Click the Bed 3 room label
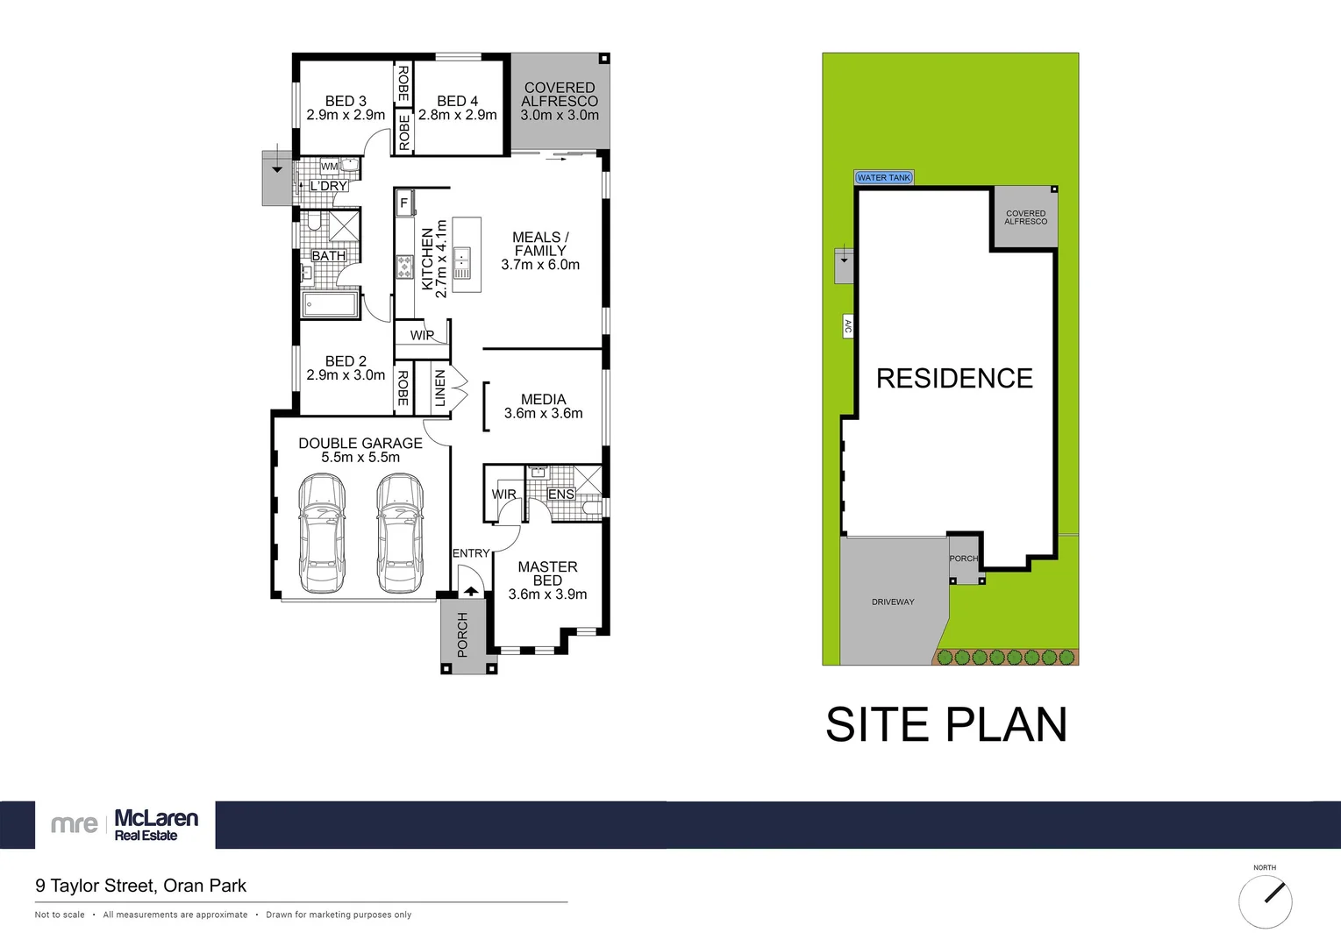[x=346, y=101]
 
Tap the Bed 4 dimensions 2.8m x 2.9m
[x=458, y=115]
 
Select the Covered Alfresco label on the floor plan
[x=560, y=95]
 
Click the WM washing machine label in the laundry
[x=329, y=167]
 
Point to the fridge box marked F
[x=404, y=203]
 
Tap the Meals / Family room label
[x=540, y=244]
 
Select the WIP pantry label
[x=422, y=335]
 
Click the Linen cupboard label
[x=440, y=388]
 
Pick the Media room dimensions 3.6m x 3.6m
[x=543, y=413]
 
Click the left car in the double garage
[x=322, y=532]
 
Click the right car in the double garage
[x=400, y=532]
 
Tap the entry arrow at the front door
[x=471, y=590]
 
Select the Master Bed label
[x=547, y=573]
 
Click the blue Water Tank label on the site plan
[x=884, y=178]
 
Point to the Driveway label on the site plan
[x=893, y=602]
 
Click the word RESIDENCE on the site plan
[x=954, y=378]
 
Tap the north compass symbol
[x=1265, y=901]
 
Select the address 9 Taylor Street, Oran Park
[x=141, y=886]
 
